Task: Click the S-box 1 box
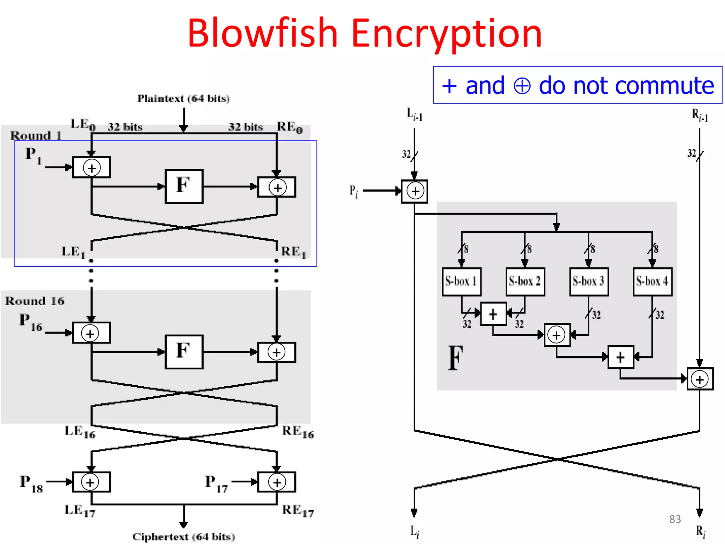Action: (x=461, y=282)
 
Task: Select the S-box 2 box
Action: (x=525, y=282)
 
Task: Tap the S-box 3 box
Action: (x=589, y=282)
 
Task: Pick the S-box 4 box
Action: (x=652, y=282)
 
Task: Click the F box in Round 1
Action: (x=184, y=186)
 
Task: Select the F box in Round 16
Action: (x=184, y=352)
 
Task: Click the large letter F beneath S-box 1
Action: (x=455, y=358)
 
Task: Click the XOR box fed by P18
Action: (x=91, y=482)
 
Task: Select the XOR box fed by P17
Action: (x=276, y=482)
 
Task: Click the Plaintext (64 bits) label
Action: (x=183, y=98)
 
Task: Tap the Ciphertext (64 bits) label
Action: (x=183, y=537)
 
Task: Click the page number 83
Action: (x=675, y=519)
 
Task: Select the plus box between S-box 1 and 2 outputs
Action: (x=493, y=314)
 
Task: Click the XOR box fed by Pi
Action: (x=415, y=191)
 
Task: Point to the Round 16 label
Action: (x=35, y=301)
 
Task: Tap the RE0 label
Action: (x=290, y=127)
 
